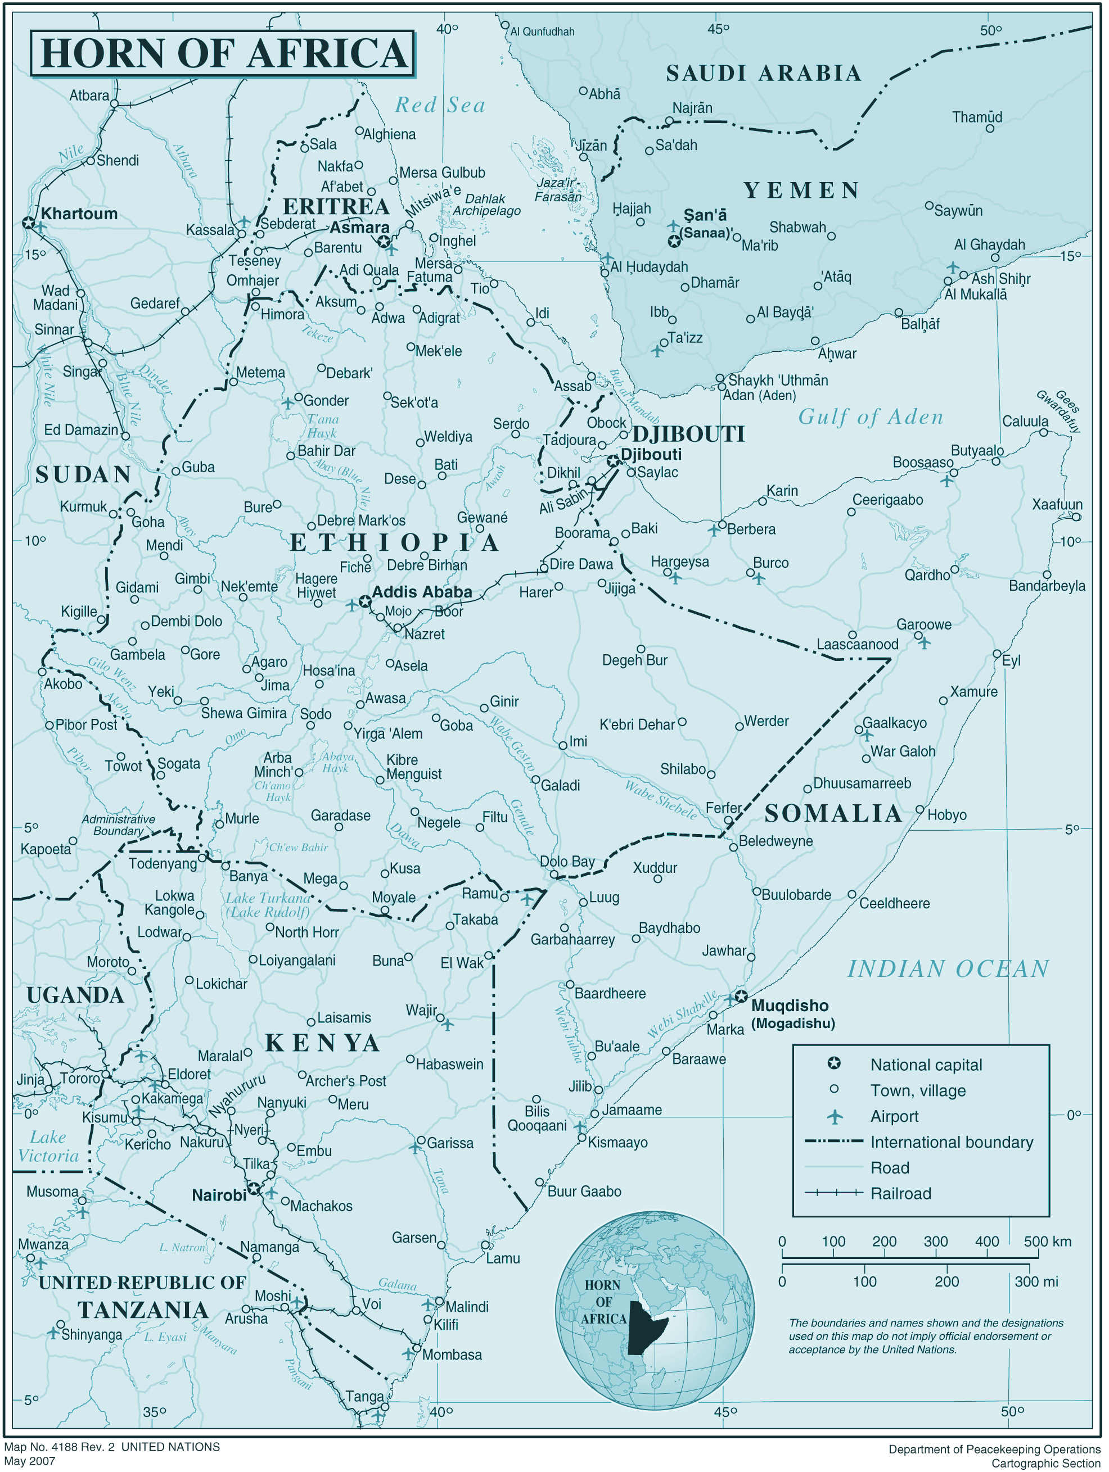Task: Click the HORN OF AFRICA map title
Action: coord(223,53)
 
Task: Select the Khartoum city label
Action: coord(79,214)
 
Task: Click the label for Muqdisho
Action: coord(790,1006)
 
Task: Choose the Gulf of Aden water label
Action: coord(871,417)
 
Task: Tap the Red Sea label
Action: coord(440,105)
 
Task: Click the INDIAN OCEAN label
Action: coord(948,969)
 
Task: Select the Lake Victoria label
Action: coord(48,1147)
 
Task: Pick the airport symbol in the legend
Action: coord(835,1116)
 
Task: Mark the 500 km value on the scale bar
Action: coord(1047,1241)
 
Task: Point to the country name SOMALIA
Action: coord(833,813)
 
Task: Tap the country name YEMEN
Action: coord(801,191)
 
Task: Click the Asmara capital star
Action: coord(384,241)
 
